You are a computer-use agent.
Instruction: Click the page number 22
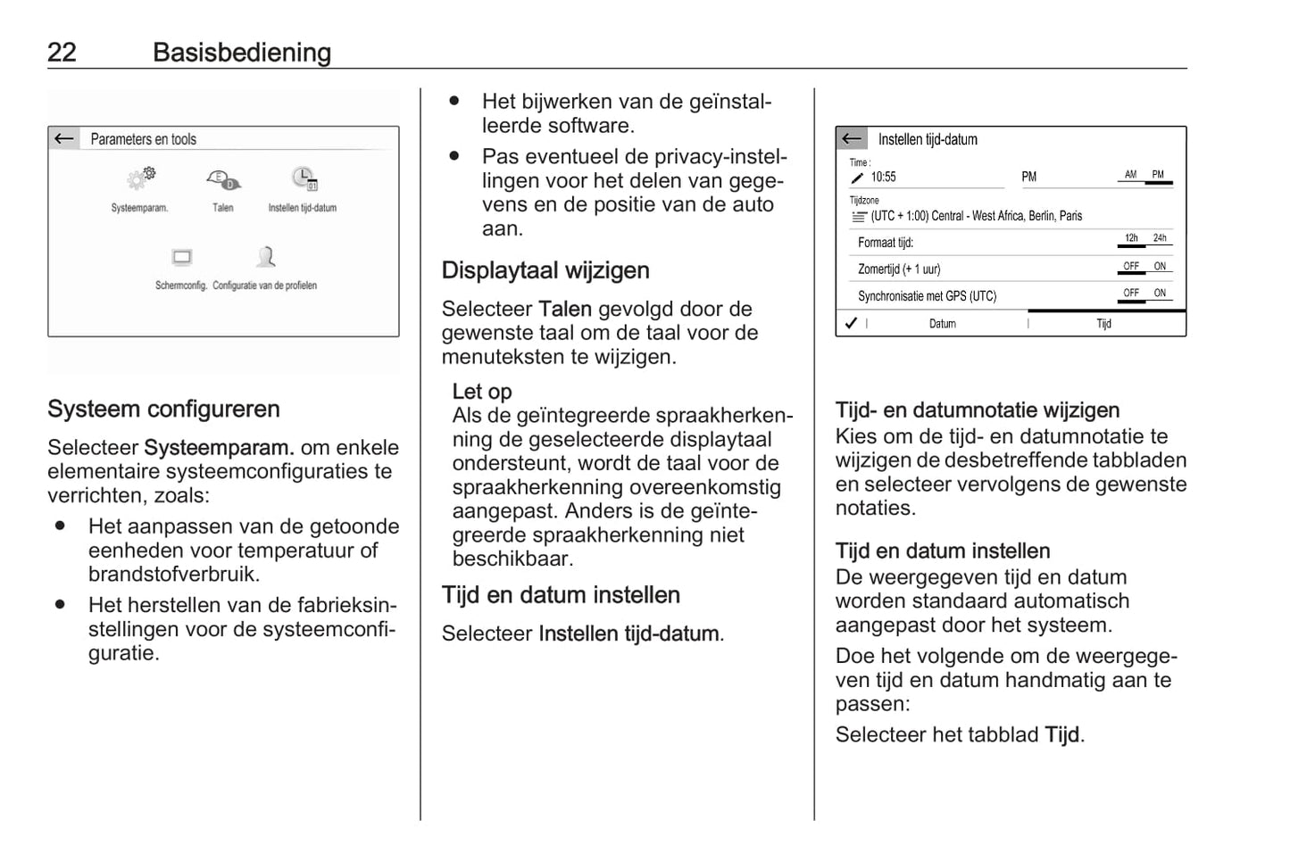[x=62, y=52]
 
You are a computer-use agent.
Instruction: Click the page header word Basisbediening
[x=241, y=52]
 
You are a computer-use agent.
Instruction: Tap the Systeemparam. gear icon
[x=140, y=178]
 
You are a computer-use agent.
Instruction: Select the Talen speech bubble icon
[x=222, y=180]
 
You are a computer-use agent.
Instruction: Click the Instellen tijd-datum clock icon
[x=304, y=178]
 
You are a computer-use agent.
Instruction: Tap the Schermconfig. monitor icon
[x=182, y=259]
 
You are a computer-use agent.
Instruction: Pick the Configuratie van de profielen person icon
[x=265, y=258]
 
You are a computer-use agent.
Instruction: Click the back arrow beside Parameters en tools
[x=64, y=138]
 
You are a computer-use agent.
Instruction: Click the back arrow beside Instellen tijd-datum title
[x=852, y=138]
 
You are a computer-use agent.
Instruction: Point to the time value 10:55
[x=883, y=177]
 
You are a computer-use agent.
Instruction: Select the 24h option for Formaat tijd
[x=1159, y=238]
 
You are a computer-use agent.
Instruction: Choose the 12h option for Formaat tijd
[x=1131, y=238]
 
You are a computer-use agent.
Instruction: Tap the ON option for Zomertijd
[x=1159, y=266]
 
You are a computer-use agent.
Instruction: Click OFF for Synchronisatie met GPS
[x=1131, y=293]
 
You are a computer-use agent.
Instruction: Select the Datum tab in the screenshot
[x=942, y=324]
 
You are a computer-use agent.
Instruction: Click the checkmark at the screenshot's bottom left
[x=852, y=323]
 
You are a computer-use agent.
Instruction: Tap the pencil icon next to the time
[x=858, y=178]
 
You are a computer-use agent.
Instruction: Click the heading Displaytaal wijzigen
[x=545, y=270]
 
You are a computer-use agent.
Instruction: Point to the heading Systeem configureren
[x=163, y=410]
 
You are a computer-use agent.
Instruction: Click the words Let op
[x=482, y=392]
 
